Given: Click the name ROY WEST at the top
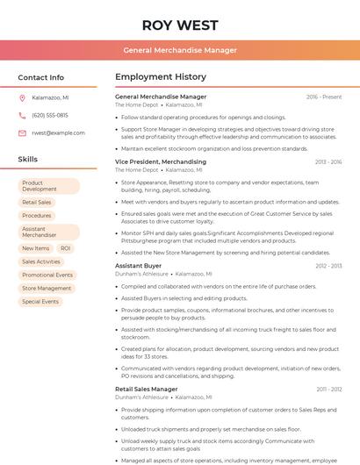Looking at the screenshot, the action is (x=179, y=25).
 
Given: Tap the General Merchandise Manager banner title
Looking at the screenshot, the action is (x=179, y=50).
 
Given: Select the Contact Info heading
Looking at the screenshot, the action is (x=41, y=77).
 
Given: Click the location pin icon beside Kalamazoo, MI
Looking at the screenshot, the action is (x=22, y=97).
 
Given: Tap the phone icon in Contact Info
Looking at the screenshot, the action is (x=22, y=115).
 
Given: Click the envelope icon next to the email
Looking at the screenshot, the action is (x=22, y=132).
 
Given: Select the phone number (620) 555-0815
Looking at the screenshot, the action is (x=50, y=115).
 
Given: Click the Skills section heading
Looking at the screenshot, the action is (x=28, y=159).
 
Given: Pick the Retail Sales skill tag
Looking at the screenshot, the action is (x=37, y=202).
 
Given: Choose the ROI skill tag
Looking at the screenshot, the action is (x=66, y=248).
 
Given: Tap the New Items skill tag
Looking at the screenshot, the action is (x=36, y=248).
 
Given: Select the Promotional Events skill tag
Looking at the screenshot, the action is (x=47, y=275).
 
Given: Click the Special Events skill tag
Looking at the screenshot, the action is (x=40, y=301).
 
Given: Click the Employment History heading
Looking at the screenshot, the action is (x=161, y=77).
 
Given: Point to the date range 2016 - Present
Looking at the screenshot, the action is (x=324, y=97).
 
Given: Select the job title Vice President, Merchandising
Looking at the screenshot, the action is (x=161, y=161).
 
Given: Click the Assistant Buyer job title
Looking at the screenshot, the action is (x=138, y=265).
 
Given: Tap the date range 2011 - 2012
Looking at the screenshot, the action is (x=329, y=389).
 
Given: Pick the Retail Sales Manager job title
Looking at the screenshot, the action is (x=146, y=389).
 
